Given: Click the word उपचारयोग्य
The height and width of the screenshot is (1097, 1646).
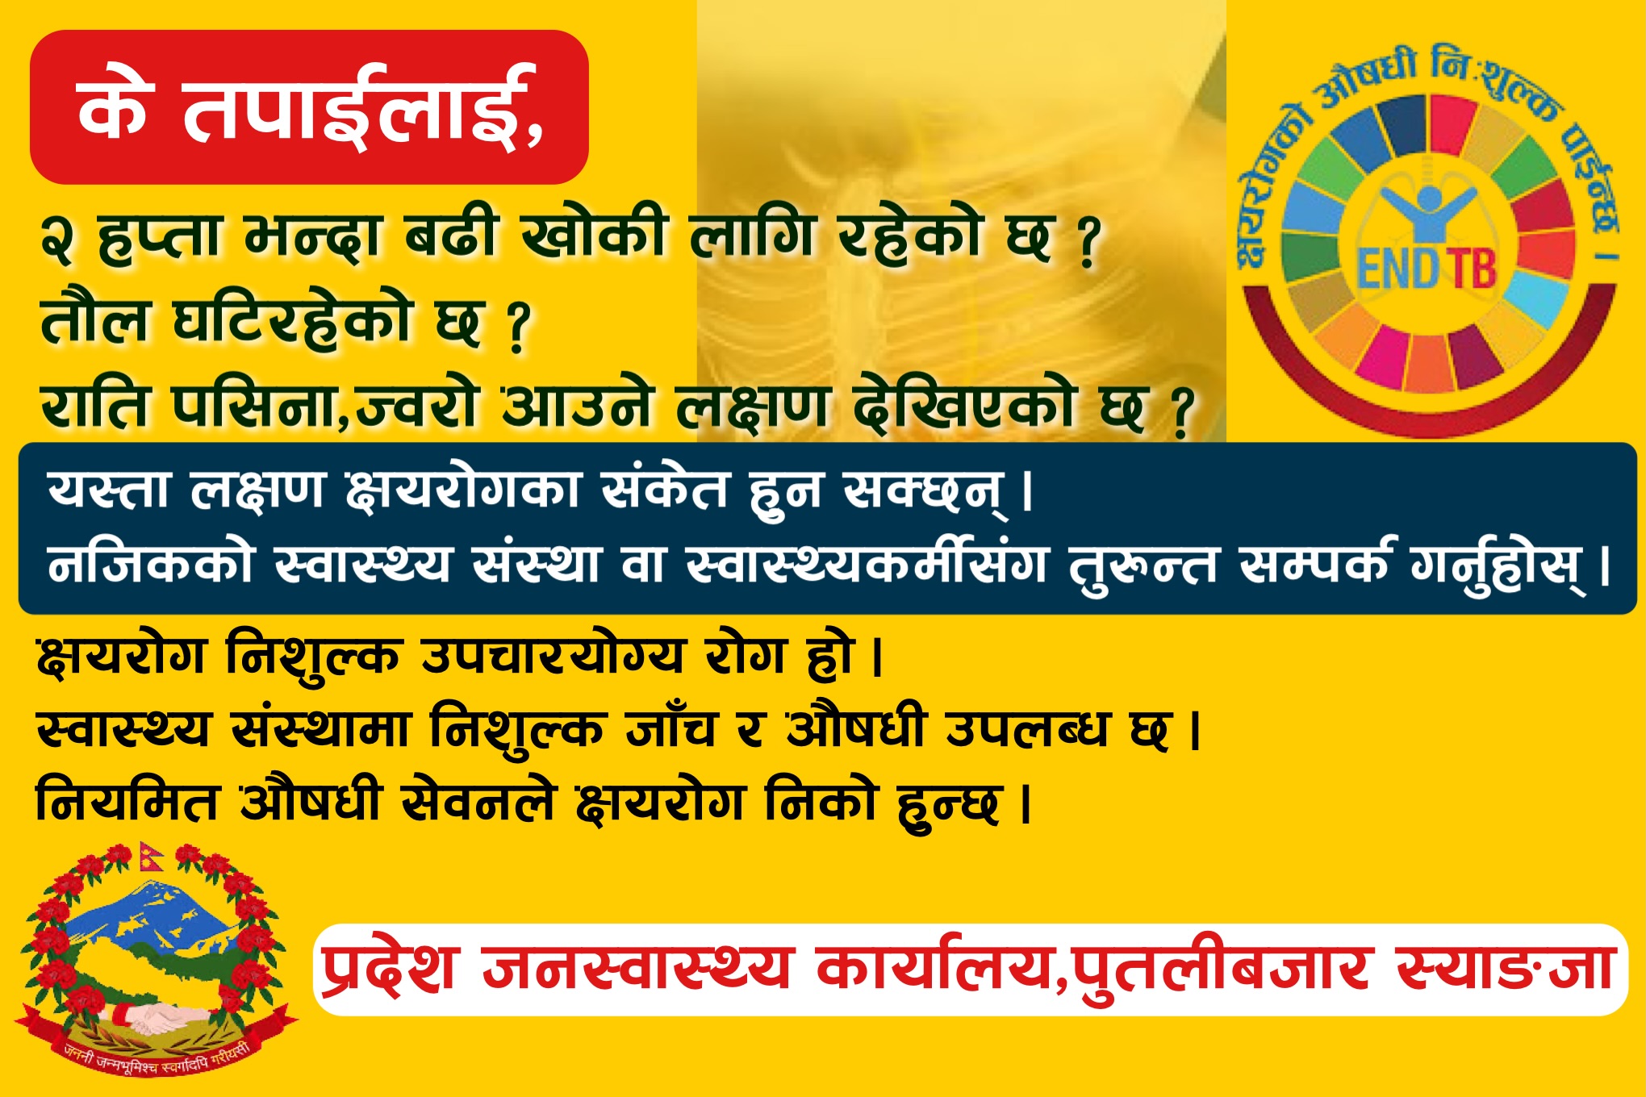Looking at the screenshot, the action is [553, 654].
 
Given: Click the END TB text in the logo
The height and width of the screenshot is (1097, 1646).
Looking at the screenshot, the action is [1426, 269].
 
